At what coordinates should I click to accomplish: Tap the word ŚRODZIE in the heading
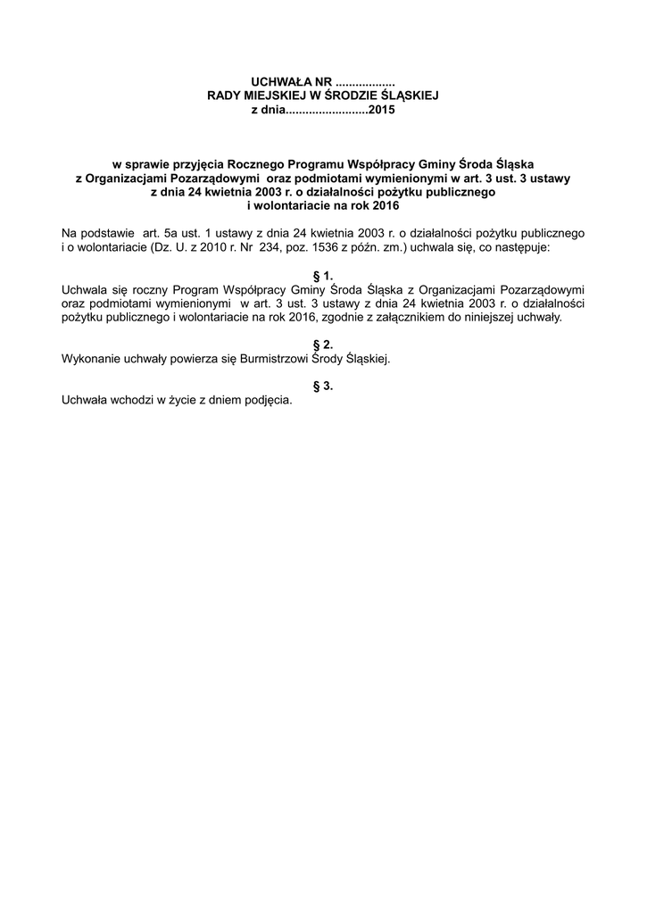[360, 96]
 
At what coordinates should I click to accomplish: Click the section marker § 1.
[323, 277]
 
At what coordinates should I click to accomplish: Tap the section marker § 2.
[323, 345]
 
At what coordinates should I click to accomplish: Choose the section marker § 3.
[323, 386]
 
